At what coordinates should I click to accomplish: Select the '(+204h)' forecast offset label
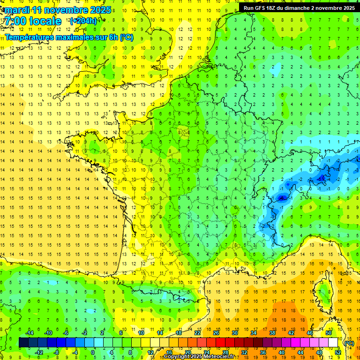pyautogui.click(x=83, y=21)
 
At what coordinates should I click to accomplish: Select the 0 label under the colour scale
pyautogui.click(x=93, y=352)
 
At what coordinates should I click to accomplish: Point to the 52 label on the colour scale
pyautogui.click(x=337, y=352)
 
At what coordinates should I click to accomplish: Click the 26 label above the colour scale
pyautogui.click(x=216, y=333)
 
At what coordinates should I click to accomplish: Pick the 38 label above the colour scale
pyautogui.click(x=272, y=333)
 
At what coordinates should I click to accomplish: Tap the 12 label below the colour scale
pyautogui.click(x=150, y=352)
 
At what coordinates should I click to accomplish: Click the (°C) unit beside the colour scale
pyautogui.click(x=349, y=343)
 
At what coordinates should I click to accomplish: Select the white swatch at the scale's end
pyautogui.click(x=333, y=343)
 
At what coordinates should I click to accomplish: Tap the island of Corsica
pyautogui.click(x=324, y=291)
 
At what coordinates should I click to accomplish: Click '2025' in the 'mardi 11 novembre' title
pyautogui.click(x=100, y=10)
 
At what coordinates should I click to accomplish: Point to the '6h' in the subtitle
pyautogui.click(x=112, y=37)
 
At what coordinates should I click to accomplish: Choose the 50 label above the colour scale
pyautogui.click(x=329, y=333)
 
